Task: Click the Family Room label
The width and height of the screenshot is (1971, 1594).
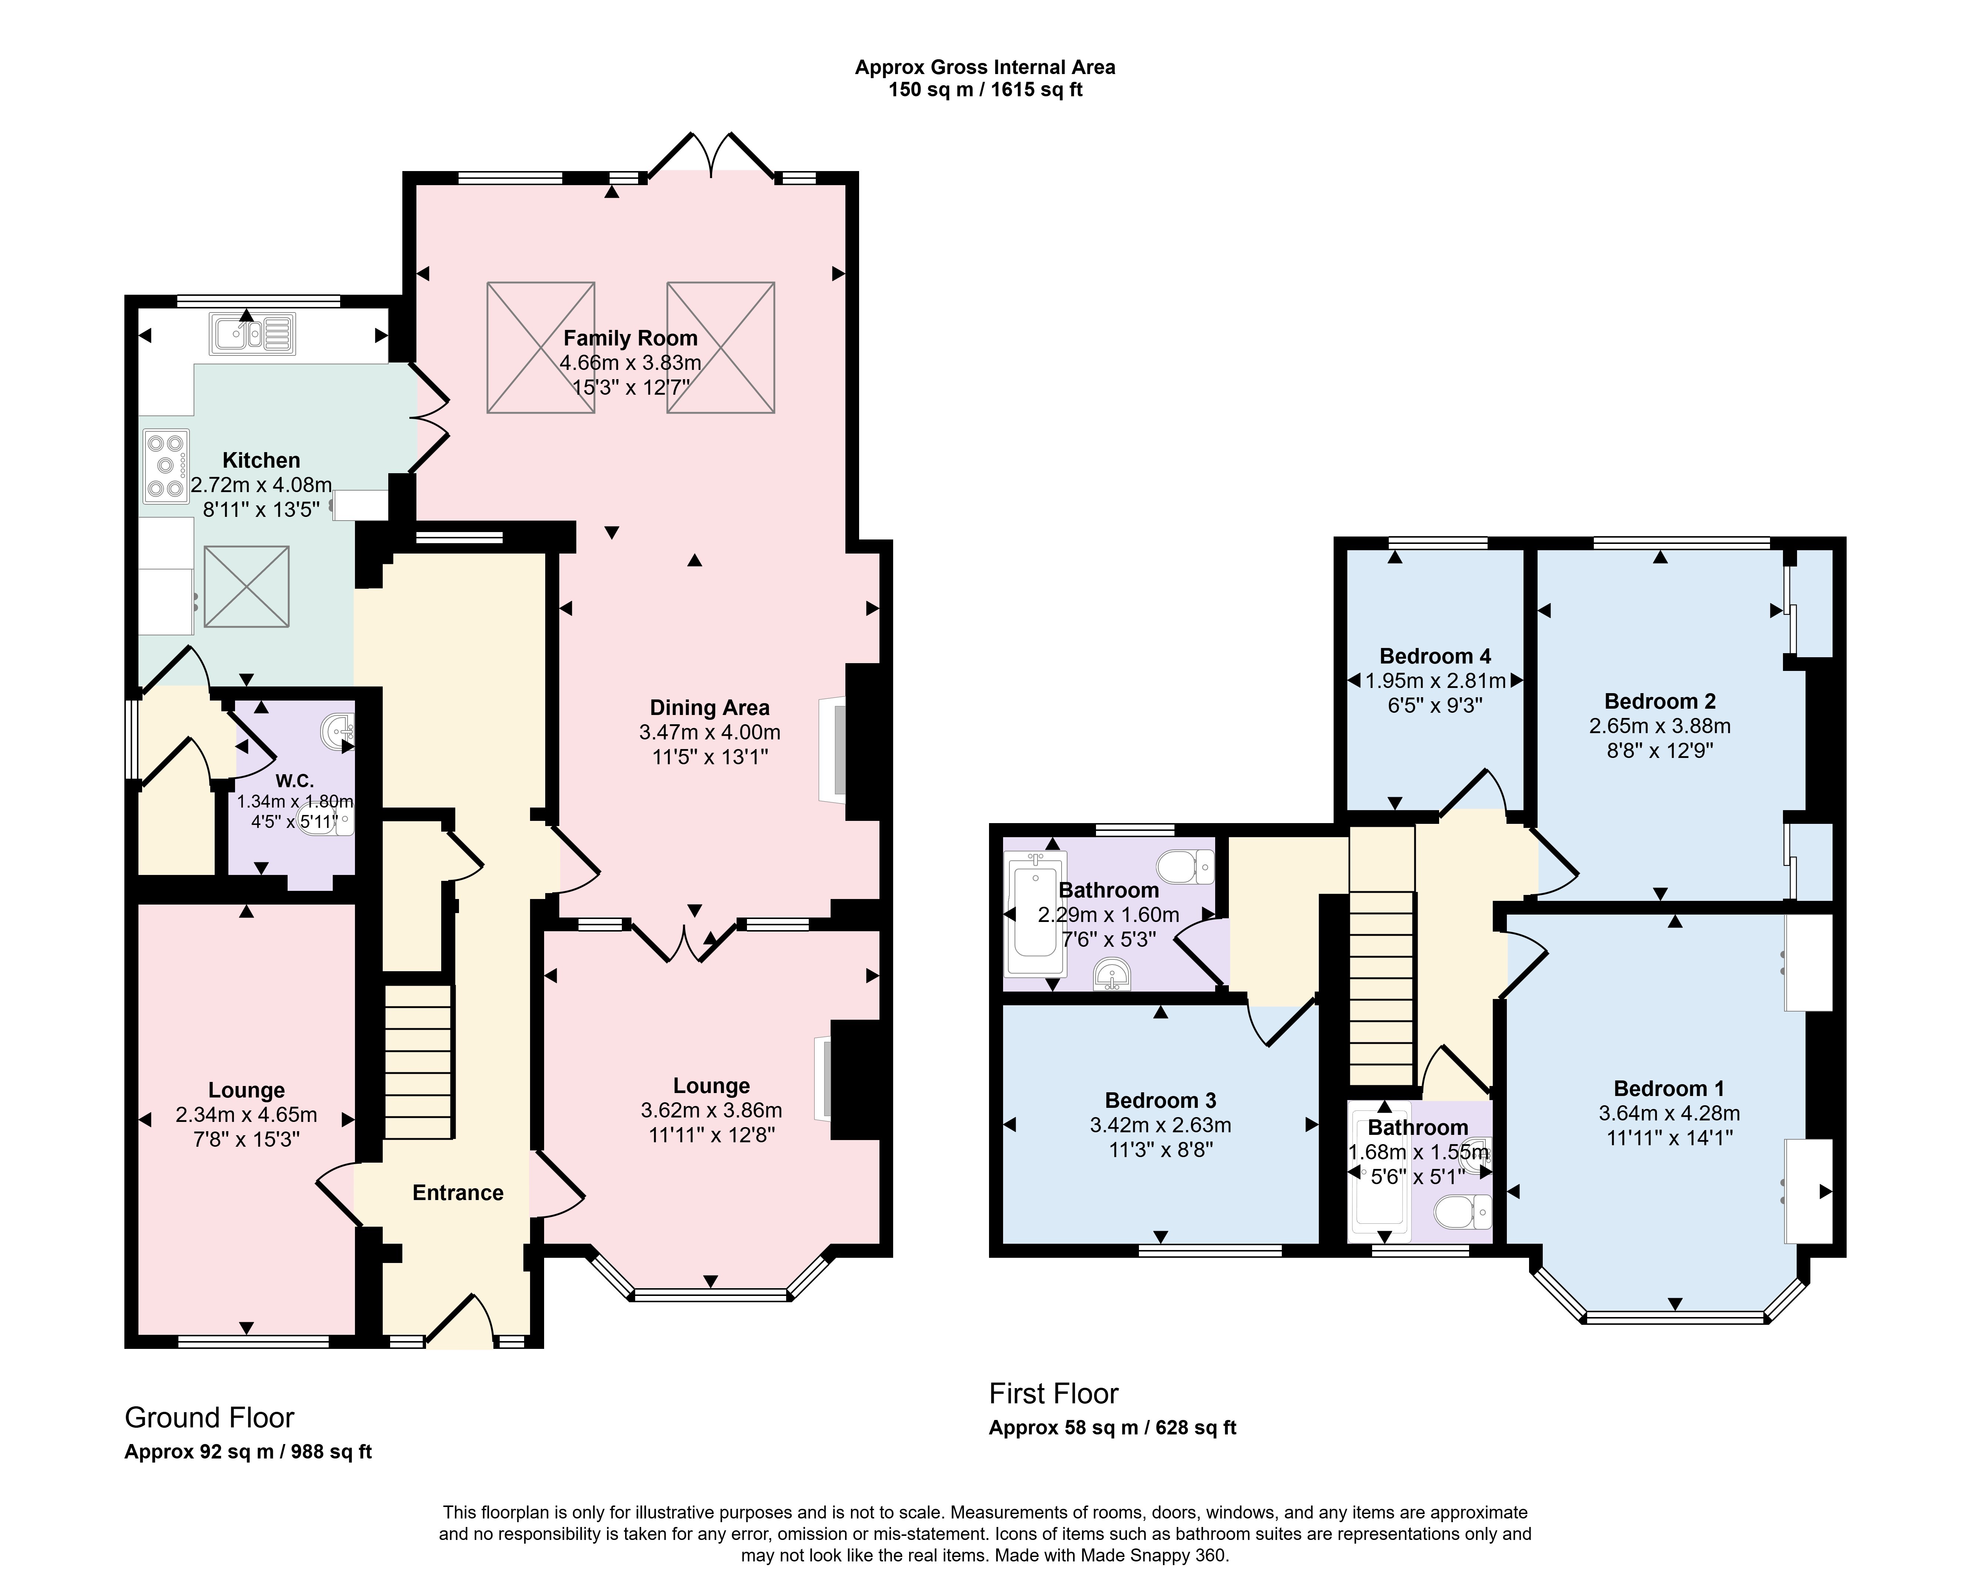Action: click(x=631, y=338)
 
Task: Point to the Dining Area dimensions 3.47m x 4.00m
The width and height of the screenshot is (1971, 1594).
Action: click(x=710, y=732)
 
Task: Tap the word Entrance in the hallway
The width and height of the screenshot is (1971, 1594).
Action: click(x=458, y=1193)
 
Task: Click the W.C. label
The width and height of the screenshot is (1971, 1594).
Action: click(x=295, y=781)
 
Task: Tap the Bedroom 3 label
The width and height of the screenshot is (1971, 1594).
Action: click(x=1160, y=1100)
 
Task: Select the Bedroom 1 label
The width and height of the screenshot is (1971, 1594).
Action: click(x=1669, y=1089)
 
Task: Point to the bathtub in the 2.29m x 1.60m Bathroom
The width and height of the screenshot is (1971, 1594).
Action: click(x=1036, y=913)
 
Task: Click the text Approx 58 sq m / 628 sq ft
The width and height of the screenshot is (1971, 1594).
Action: click(x=1113, y=1428)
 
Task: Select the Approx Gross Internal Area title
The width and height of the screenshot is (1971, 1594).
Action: click(x=985, y=67)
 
